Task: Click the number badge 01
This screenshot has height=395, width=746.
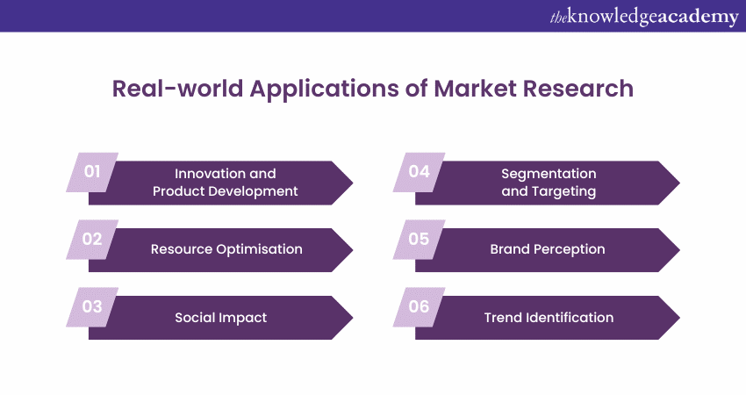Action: [92, 172]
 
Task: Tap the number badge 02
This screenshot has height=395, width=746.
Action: [92, 240]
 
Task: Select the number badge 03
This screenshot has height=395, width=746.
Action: [92, 307]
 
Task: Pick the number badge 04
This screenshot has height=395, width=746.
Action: [420, 172]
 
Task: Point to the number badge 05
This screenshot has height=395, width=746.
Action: [420, 240]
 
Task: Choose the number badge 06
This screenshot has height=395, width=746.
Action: [420, 307]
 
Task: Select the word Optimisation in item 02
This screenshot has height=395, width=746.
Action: [259, 249]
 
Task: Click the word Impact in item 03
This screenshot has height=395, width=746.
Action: [245, 318]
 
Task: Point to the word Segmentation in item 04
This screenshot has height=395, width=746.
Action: [549, 174]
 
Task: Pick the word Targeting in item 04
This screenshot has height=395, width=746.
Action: [563, 191]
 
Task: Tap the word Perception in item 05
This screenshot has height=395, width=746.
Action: [569, 249]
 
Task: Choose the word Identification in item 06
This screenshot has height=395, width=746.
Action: [570, 318]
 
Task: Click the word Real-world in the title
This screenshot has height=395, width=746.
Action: [177, 89]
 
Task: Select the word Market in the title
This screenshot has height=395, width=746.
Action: [475, 89]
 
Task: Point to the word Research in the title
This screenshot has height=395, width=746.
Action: [578, 89]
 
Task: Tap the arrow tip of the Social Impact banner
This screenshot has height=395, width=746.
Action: [353, 318]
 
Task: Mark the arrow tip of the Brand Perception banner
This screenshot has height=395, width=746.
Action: [680, 250]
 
